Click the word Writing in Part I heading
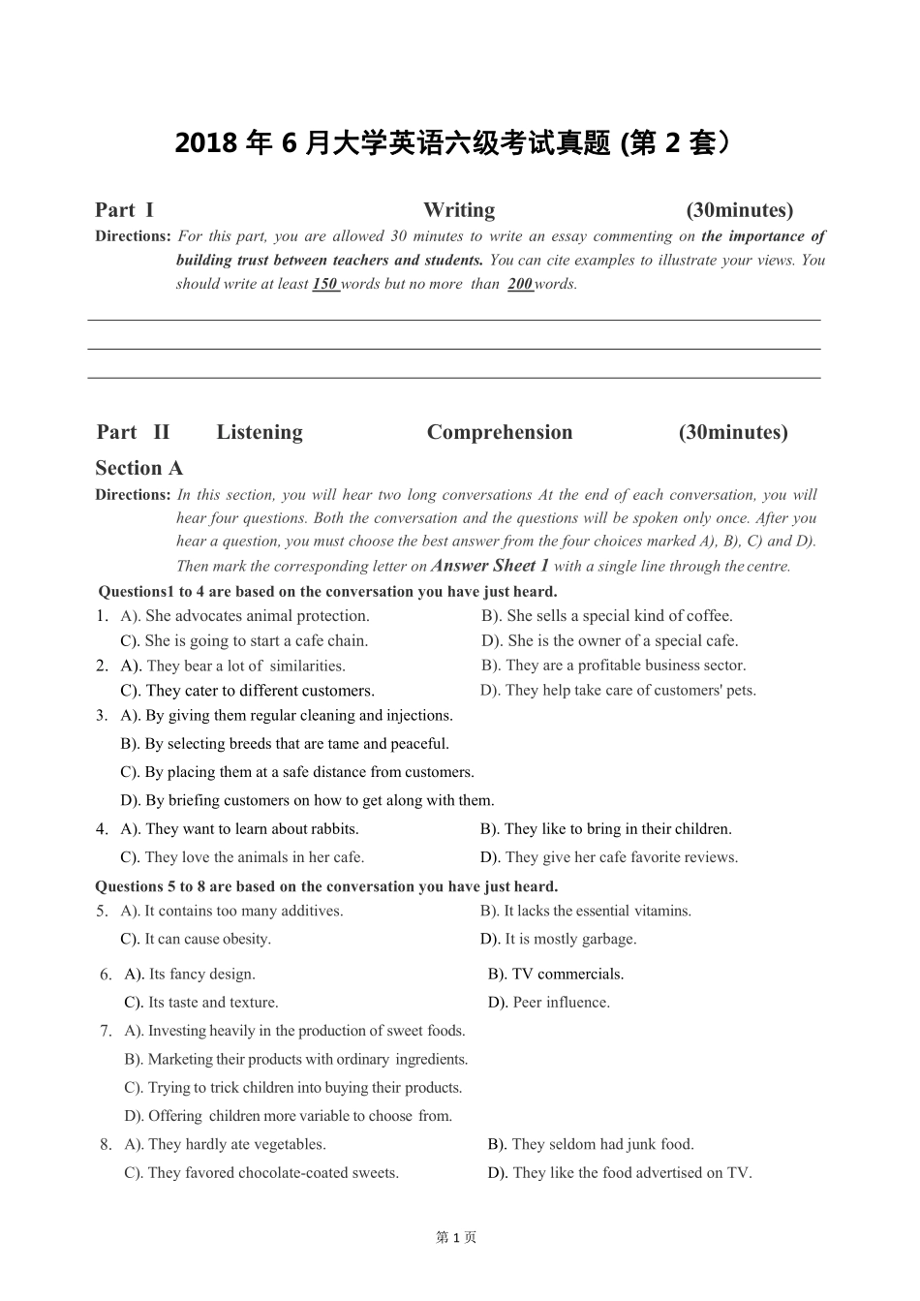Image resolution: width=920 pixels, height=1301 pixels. tap(458, 210)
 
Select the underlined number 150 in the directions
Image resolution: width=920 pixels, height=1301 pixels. tap(324, 284)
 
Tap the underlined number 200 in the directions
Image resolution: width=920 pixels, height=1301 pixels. tap(520, 284)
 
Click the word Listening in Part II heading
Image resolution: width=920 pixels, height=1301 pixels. tap(259, 432)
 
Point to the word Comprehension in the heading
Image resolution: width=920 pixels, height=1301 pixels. tap(499, 432)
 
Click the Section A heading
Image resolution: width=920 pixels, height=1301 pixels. tap(138, 468)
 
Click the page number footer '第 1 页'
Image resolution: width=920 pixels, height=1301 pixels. tap(457, 1237)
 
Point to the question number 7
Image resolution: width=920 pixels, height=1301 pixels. tap(105, 1031)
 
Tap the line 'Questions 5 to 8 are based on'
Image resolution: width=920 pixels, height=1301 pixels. tap(326, 886)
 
